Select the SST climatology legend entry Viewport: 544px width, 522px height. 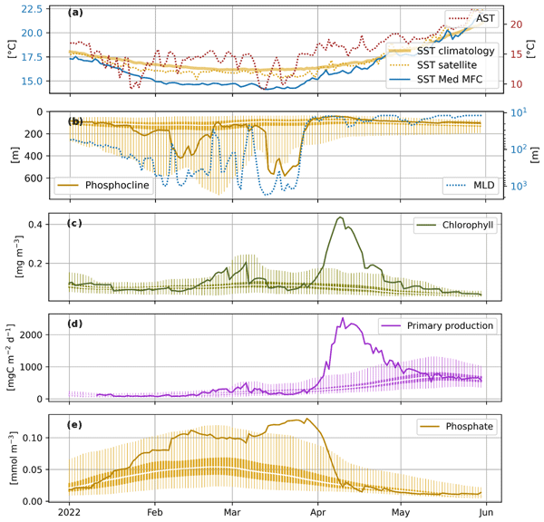[454, 51]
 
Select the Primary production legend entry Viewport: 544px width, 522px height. [442, 326]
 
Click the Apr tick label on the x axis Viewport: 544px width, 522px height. [317, 513]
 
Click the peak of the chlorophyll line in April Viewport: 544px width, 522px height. [339, 217]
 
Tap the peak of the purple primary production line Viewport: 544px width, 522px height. [342, 319]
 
